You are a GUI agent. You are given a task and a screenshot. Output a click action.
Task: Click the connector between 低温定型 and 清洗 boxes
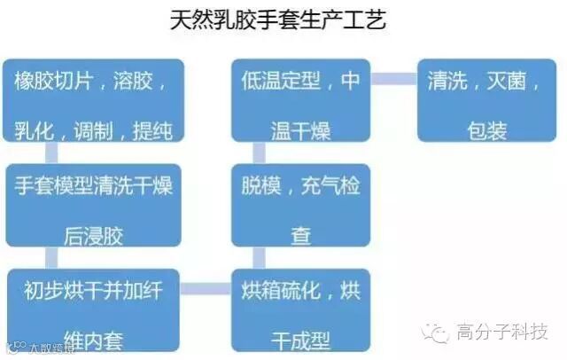(x=393, y=79)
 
